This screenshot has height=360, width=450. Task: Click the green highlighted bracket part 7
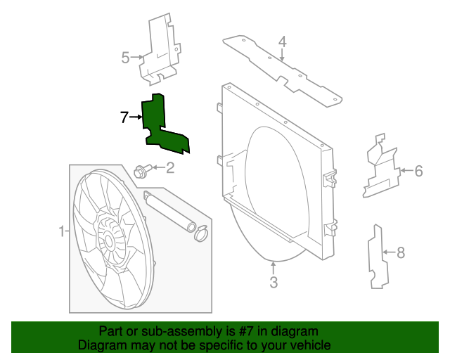(x=156, y=127)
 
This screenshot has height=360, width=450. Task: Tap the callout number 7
(x=124, y=117)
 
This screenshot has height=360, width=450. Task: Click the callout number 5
(x=125, y=58)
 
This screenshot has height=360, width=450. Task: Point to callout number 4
(x=282, y=42)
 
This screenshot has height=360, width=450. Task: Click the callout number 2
(x=169, y=167)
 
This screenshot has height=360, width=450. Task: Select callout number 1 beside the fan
(x=61, y=231)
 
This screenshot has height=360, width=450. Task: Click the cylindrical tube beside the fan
(x=169, y=211)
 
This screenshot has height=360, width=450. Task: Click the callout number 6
(x=418, y=170)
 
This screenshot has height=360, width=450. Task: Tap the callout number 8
(x=401, y=251)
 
